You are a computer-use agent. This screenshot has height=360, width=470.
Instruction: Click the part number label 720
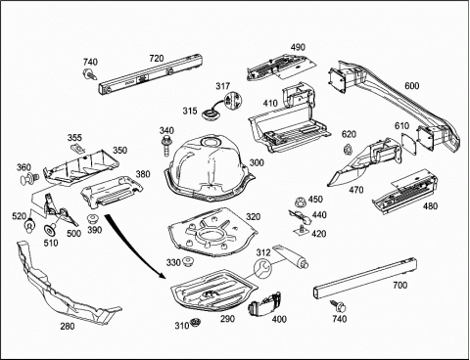point(157,59)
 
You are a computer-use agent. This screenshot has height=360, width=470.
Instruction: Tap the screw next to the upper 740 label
point(90,74)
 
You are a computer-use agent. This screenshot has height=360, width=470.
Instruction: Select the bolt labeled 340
point(165,146)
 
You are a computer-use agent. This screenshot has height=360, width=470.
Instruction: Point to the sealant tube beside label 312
point(290,256)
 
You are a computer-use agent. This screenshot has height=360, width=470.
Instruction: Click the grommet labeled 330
point(188,262)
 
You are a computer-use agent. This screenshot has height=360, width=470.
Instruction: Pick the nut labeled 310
point(196,323)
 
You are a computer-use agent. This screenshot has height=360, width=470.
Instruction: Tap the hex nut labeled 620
point(348,150)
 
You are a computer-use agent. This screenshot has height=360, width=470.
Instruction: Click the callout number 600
point(411,86)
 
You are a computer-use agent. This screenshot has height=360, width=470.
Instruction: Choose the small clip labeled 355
point(77,149)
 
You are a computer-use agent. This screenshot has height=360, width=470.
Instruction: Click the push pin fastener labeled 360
point(30,178)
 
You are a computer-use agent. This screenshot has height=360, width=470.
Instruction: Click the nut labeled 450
point(300,202)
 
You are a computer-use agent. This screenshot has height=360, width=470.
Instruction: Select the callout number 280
point(68,326)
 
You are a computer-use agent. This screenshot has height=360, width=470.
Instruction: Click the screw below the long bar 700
point(339,306)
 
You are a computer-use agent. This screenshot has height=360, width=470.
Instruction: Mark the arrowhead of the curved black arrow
point(163,276)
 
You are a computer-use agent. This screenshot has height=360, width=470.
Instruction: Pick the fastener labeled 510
point(51,230)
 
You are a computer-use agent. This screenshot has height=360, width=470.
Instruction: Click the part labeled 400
point(264,305)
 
